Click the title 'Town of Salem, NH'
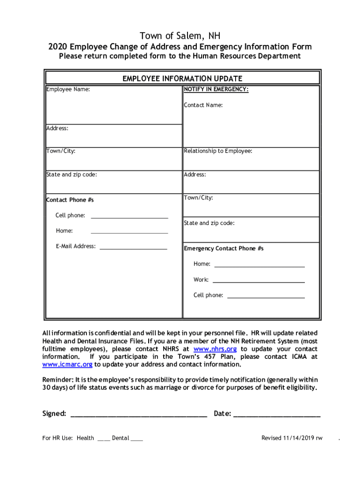pyautogui.click(x=180, y=36)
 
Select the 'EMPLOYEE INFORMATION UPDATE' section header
pyautogui.click(x=182, y=79)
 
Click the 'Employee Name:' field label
pyautogui.click(x=68, y=89)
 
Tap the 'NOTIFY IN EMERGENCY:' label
pyautogui.click(x=216, y=89)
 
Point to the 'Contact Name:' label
pyautogui.click(x=203, y=105)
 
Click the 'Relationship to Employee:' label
pyautogui.click(x=218, y=151)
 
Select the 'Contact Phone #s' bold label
pyautogui.click(x=70, y=200)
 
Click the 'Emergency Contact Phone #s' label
pyautogui.click(x=223, y=249)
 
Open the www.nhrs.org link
pyautogui.click(x=215, y=349)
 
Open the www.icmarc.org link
pyautogui.click(x=67, y=365)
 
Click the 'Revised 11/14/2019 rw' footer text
pyautogui.click(x=292, y=438)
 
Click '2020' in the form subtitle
pyautogui.click(x=58, y=47)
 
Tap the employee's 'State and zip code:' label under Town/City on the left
pyautogui.click(x=72, y=174)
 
